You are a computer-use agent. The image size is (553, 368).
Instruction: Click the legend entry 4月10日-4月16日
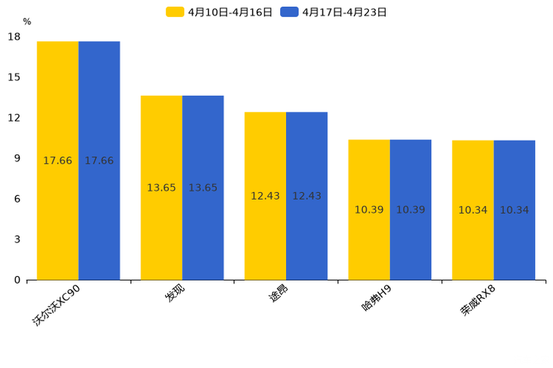pos(220,12)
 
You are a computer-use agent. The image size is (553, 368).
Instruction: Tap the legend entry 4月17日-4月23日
pos(334,12)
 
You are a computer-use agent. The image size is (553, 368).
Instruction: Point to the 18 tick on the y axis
pos(14,37)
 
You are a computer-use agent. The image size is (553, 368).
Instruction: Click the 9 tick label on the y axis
pos(17,158)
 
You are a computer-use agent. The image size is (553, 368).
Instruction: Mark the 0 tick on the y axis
pos(17,280)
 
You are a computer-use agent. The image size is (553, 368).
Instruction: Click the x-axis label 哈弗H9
pos(377,297)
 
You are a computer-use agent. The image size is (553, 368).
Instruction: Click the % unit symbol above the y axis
pos(27,22)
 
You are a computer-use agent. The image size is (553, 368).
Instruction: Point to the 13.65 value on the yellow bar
pos(161,188)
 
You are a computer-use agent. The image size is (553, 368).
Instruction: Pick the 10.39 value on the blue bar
pos(410,210)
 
